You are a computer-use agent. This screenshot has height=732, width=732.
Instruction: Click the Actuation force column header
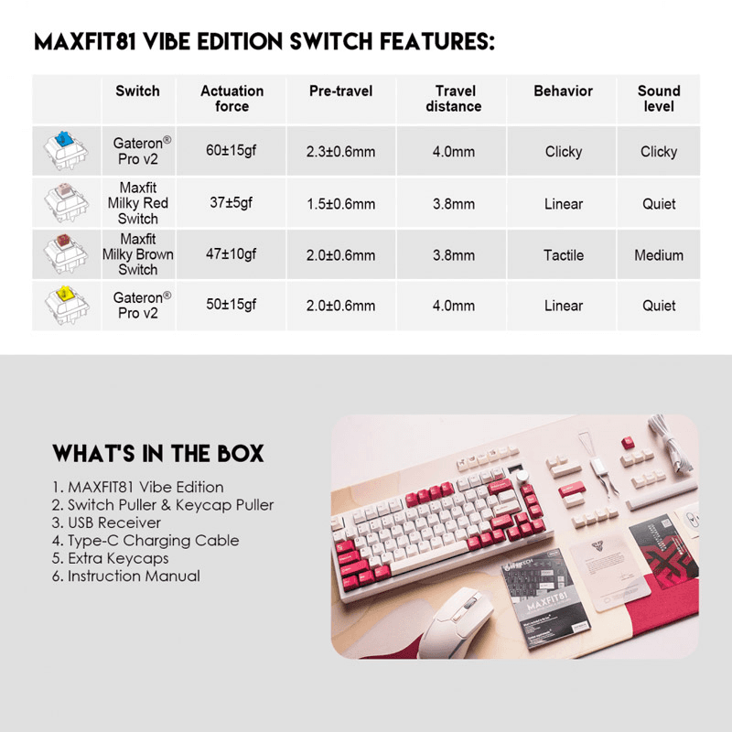231,99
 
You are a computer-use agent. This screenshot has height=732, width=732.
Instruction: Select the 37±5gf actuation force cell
231,203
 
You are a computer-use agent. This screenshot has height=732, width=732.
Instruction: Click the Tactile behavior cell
564,255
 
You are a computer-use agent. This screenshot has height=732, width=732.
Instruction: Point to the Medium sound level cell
659,255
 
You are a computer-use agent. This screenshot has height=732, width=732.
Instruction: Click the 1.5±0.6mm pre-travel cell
341,204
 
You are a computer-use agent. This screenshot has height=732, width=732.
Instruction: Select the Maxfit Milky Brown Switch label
138,254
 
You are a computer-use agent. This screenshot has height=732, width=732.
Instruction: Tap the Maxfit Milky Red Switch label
138,203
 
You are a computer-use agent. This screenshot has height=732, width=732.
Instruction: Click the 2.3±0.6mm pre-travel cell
341,152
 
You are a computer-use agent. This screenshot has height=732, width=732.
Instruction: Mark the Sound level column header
659,99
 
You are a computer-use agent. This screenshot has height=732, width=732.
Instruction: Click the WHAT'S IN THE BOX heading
158,454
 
